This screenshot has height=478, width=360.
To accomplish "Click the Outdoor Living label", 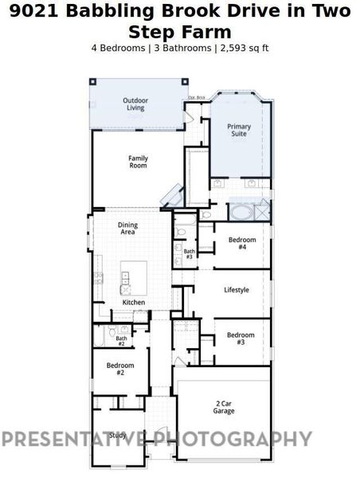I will (x=135, y=104).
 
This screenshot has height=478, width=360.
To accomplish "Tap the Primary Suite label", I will (x=239, y=130).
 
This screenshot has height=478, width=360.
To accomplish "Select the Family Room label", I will (x=139, y=162).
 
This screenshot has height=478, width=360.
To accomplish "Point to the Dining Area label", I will (x=127, y=229).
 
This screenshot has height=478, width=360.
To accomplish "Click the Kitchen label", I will (x=133, y=303).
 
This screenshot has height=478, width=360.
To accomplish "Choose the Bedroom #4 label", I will (x=242, y=243).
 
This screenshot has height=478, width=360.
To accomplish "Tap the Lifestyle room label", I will (x=237, y=290).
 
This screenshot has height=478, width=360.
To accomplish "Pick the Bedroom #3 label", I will (x=241, y=338).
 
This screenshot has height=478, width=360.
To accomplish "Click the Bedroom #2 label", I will (x=120, y=369).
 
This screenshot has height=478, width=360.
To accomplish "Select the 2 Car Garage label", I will (x=224, y=407).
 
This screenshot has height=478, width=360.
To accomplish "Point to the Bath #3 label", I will (x=189, y=254).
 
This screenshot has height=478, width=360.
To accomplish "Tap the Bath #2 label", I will (x=121, y=341).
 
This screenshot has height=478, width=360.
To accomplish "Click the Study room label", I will (x=118, y=435).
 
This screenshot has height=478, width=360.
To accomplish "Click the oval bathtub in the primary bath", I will (x=241, y=213).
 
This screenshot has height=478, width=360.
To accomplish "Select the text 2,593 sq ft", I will (x=244, y=48).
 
